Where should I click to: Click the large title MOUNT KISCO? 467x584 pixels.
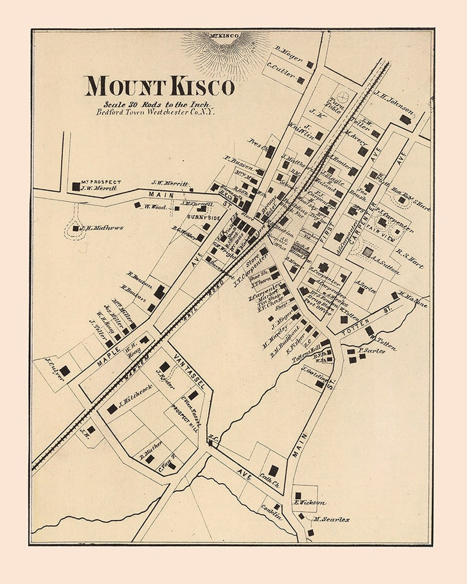(159, 86)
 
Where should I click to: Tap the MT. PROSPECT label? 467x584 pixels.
(101, 182)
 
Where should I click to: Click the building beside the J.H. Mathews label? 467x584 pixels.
(75, 228)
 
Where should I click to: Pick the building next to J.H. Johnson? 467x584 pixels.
(405, 119)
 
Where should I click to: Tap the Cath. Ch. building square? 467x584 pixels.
(273, 470)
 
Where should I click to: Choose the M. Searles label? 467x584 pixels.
(332, 519)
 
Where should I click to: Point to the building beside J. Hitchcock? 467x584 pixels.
(112, 408)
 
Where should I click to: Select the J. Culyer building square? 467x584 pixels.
(64, 371)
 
